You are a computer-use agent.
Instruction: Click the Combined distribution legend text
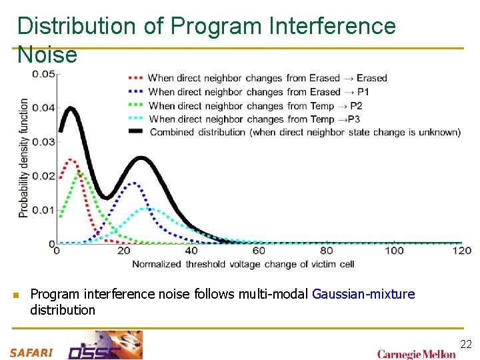305,132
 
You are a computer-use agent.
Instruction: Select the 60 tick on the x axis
259,251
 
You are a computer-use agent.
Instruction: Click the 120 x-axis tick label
462,251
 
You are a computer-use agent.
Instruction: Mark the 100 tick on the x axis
394,251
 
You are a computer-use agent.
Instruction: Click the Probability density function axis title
24,158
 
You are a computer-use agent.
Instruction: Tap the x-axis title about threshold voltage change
243,265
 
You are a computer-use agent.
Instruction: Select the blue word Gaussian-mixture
363,294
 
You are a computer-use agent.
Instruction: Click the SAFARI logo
31,353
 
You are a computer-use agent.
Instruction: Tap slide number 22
465,344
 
